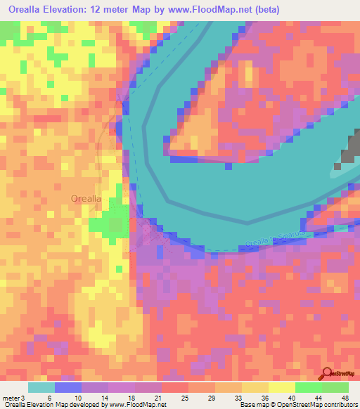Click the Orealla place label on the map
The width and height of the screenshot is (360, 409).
86,199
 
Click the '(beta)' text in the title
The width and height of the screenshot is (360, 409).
269,9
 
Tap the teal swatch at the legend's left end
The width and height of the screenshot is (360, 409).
41,387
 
